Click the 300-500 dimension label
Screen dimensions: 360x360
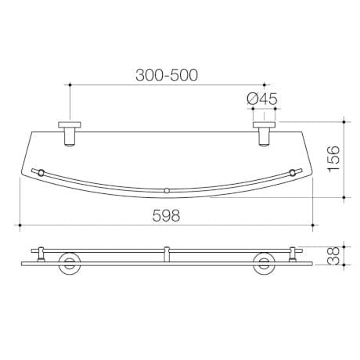pos(167,75)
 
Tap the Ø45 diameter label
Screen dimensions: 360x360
pos(262,99)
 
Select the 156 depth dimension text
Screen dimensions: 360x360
pos(333,159)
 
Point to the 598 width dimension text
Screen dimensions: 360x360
pos(166,216)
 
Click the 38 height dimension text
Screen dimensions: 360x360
pos(333,256)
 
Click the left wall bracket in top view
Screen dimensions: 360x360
pos(70,134)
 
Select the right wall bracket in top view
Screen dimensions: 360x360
pos(265,134)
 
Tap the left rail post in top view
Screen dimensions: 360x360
pos(41,173)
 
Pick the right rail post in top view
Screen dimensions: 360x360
pos(293,173)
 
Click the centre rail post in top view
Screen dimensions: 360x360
pos(167,191)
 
